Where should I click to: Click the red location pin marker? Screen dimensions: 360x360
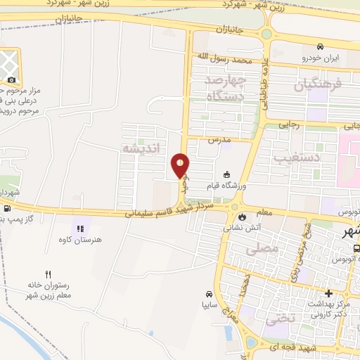tap(181, 165)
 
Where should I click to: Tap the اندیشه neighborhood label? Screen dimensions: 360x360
tap(142, 148)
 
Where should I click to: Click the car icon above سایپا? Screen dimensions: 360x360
tap(209, 293)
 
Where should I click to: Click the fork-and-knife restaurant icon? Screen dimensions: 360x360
tap(48, 274)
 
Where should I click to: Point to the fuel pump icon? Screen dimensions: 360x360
tap(6, 208)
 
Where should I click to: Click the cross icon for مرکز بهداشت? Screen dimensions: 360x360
tap(328, 292)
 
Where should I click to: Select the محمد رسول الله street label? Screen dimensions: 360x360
tap(224, 58)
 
